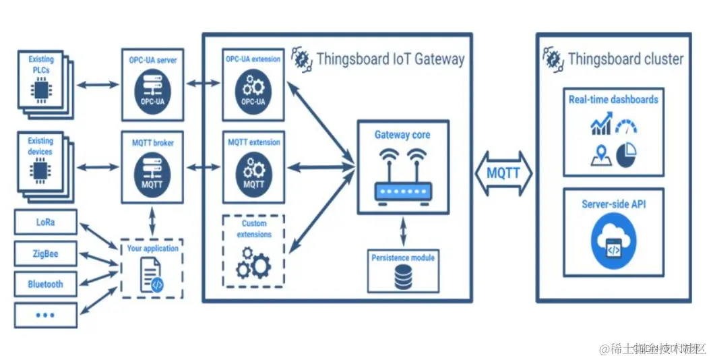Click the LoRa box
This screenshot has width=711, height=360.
(45, 222)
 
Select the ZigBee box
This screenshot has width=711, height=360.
(45, 254)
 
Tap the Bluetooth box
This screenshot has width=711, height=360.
(45, 284)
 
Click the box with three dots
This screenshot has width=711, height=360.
(45, 315)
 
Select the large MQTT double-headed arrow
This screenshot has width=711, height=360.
(503, 173)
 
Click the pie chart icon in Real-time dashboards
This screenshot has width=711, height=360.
(627, 155)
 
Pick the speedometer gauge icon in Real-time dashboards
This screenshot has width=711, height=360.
(626, 126)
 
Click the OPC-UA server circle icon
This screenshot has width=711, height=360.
(152, 92)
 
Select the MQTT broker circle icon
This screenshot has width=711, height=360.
(152, 173)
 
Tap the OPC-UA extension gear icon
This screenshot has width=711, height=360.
(253, 92)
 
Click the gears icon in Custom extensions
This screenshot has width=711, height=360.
(253, 262)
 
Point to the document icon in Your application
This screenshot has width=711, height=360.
(151, 275)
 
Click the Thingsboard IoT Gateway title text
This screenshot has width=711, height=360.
(390, 59)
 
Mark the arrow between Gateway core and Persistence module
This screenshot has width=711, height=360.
(403, 232)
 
